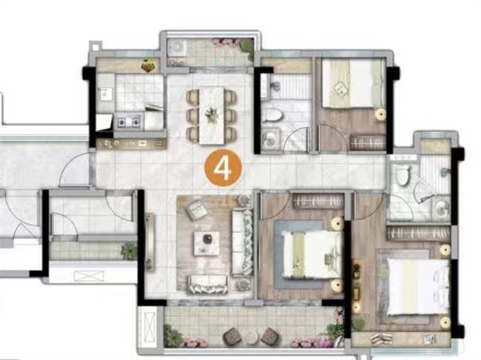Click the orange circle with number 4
pyautogui.click(x=223, y=168)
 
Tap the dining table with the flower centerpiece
pyautogui.click(x=212, y=115)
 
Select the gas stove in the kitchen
pyautogui.click(x=129, y=123)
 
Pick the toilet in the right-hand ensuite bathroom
pyautogui.click(x=402, y=175)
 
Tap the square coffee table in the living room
pyautogui.click(x=206, y=243)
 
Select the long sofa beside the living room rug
pyautogui.click(x=242, y=242)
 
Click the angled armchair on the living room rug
pyautogui.click(x=197, y=210)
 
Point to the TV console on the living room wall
pyautogui.click(x=150, y=242)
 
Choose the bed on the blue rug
pyautogui.click(x=311, y=255)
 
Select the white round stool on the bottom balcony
pyautogui.click(x=251, y=337)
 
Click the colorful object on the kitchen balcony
pyautogui.click(x=149, y=66)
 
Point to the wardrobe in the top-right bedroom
pyautogui.click(x=367, y=142)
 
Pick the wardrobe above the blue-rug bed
pyautogui.click(x=318, y=201)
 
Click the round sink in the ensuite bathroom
pyautogui.click(x=442, y=208)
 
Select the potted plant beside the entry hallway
pyautogui.click(x=129, y=251)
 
